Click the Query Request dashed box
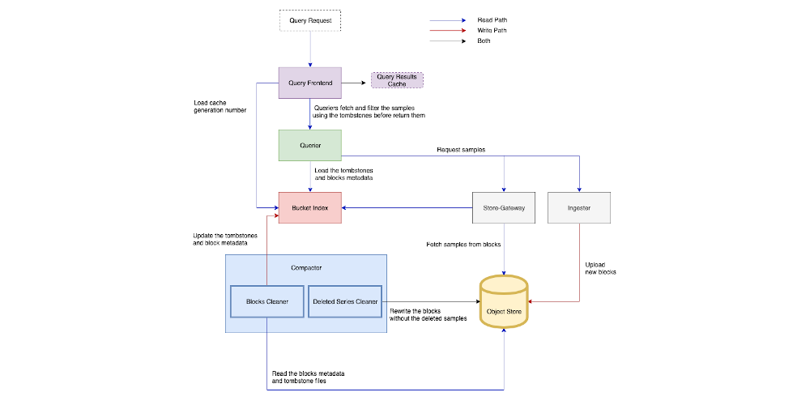tap(310, 20)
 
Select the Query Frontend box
tap(310, 83)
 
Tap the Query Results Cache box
tap(397, 79)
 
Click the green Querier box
tap(310, 145)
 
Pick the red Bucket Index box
tap(310, 208)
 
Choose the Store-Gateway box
tap(504, 208)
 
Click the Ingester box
tap(579, 208)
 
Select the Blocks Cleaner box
tap(266, 301)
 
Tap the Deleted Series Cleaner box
tap(344, 301)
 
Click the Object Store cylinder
tap(504, 301)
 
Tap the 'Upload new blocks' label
tap(601, 268)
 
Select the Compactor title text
tap(306, 268)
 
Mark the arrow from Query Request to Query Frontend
tap(310, 49)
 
